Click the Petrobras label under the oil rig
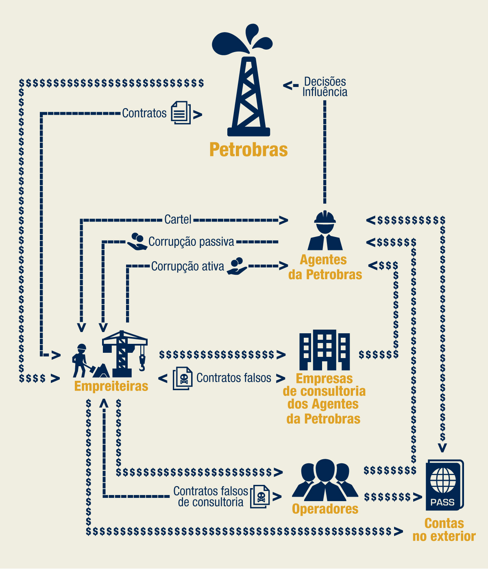coord(248,150)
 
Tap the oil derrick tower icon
coord(248,96)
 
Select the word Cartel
coord(178,219)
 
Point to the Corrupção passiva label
coord(191,242)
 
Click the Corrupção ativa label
coord(187,267)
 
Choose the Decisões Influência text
coord(325,87)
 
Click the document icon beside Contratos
coord(181,113)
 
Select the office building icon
coord(325,350)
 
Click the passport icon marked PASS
coord(444,485)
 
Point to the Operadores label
coord(325,509)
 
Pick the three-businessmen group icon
coord(325,480)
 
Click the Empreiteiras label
coord(111,386)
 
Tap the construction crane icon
coord(124,354)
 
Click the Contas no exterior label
coord(444,530)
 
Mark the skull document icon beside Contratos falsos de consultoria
coord(260,496)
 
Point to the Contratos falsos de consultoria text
coord(211,497)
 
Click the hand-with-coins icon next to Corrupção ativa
coord(236,266)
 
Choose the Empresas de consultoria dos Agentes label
coord(324,398)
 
